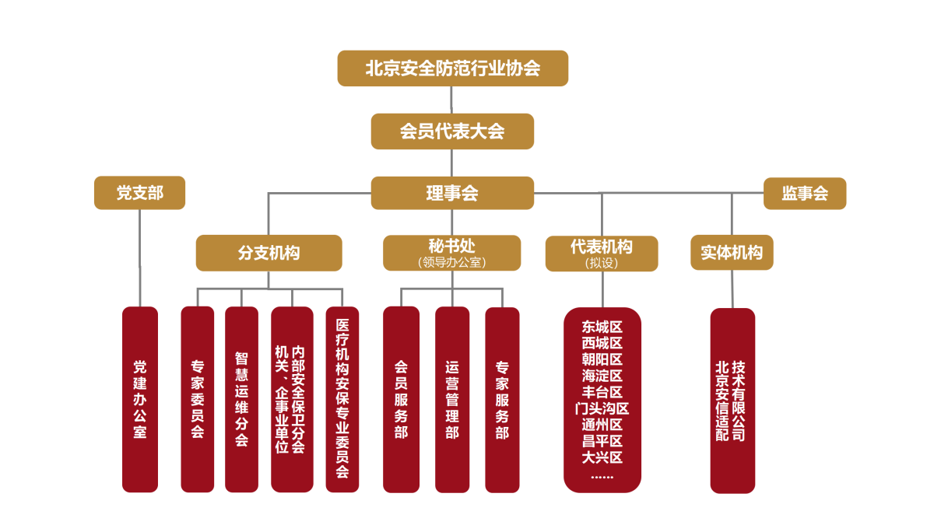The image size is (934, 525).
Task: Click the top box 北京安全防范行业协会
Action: pos(452,68)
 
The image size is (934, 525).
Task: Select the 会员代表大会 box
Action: pos(452,131)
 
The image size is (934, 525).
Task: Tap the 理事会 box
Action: pos(452,193)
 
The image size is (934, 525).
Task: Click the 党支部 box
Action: pos(140,193)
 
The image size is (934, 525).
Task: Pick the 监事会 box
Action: pos(805,194)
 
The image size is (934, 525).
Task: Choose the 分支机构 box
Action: pos(269,253)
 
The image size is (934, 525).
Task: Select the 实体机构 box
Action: pos(732,253)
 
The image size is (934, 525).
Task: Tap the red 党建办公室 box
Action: pos(140,399)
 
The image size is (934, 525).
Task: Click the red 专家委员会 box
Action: pos(198,399)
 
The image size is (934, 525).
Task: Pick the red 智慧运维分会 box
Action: pos(241,399)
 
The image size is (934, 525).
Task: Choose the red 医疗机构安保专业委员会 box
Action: pos(342,399)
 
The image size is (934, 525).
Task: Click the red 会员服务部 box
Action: pos(401,399)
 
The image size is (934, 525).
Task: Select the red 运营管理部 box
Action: pos(452,399)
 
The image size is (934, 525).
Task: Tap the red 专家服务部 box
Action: pos(502,399)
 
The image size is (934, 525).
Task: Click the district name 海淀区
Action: pos(602,376)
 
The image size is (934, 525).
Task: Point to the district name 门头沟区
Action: pos(602,408)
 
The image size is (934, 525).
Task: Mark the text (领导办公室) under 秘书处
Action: pos(452,263)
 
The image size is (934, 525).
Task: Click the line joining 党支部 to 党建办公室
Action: pos(140,257)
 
